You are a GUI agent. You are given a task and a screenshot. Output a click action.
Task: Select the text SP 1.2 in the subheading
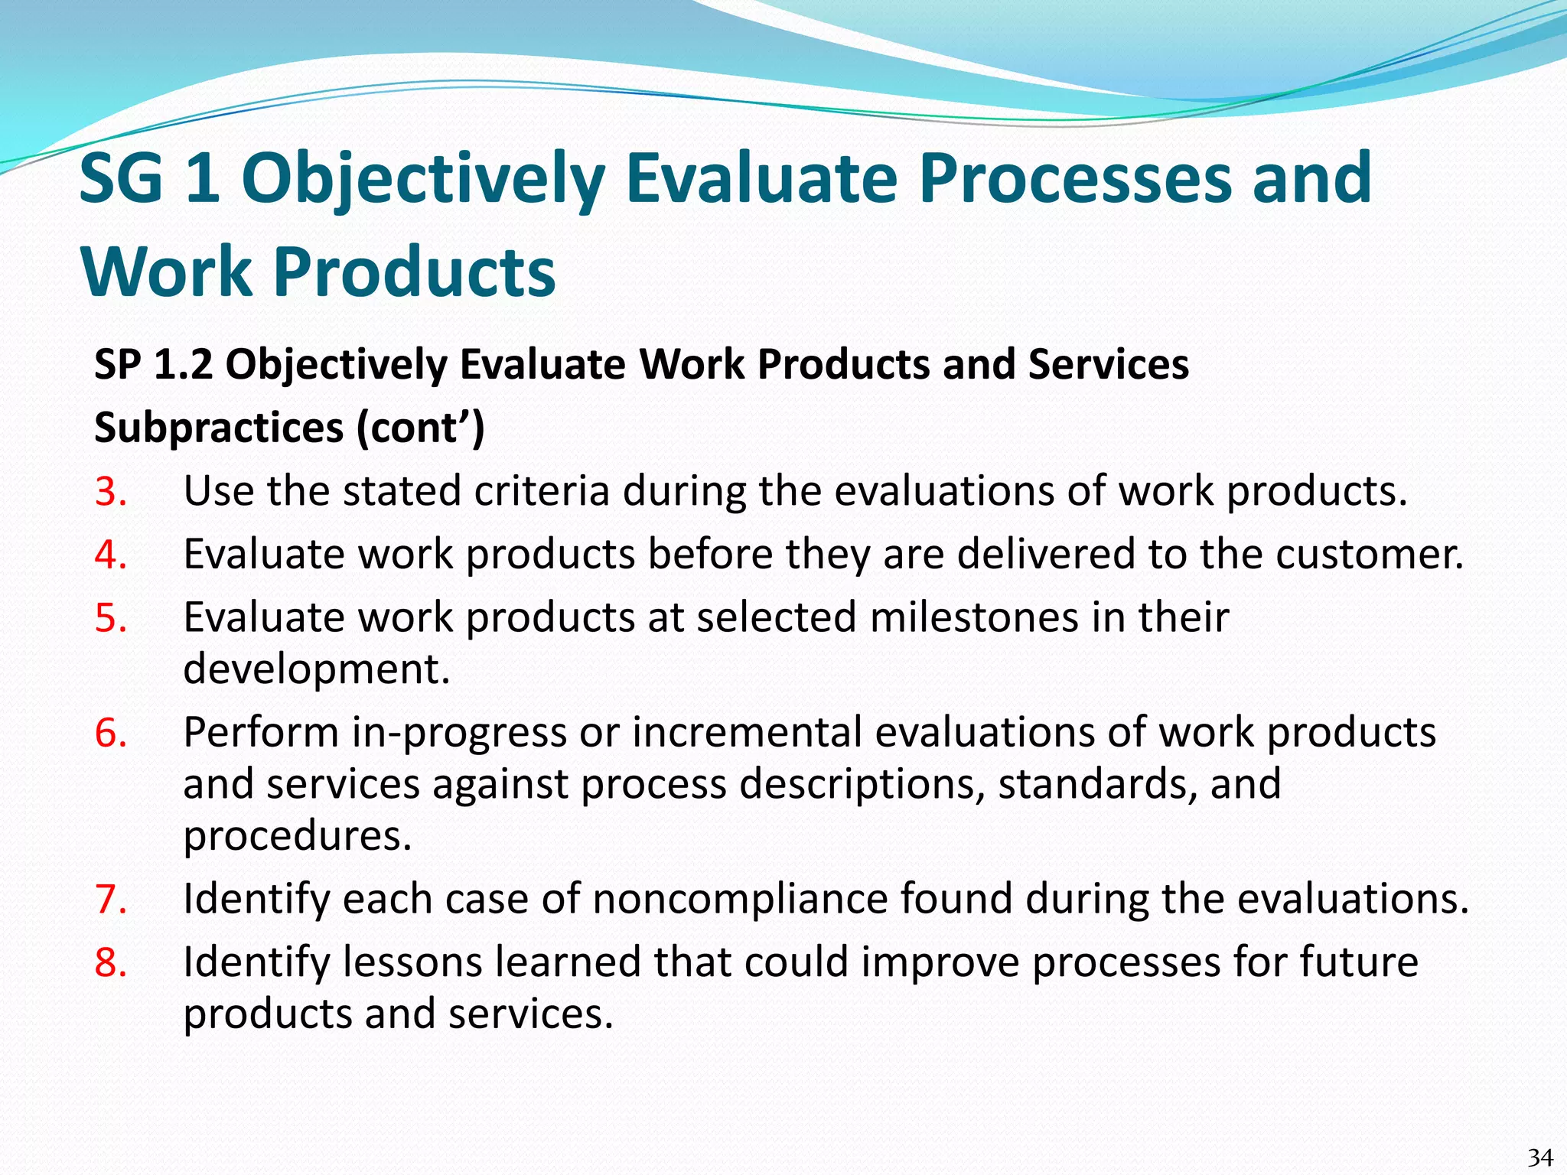click(153, 364)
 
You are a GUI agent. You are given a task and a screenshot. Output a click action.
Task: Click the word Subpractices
click(219, 428)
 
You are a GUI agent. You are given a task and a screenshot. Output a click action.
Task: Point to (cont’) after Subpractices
click(420, 428)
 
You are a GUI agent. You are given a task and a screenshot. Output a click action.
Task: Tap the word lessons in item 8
click(412, 963)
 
